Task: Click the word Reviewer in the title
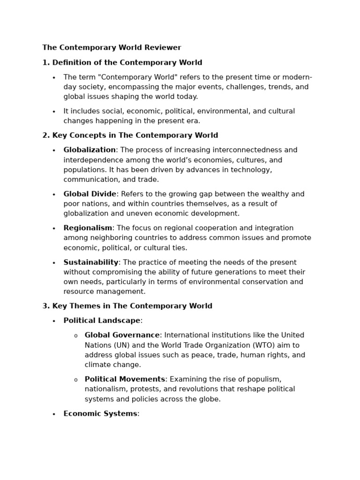[x=163, y=47]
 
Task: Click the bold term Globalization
[x=90, y=150]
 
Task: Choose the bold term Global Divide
[x=90, y=194]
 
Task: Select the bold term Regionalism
[x=88, y=228]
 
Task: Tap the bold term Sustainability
[x=91, y=262]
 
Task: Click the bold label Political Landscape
[x=102, y=321]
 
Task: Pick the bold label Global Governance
[x=122, y=335]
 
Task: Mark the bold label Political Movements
[x=125, y=379]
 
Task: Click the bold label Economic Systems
[x=100, y=414]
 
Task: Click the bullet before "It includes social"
[x=54, y=112]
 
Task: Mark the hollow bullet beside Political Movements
[x=75, y=380]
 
